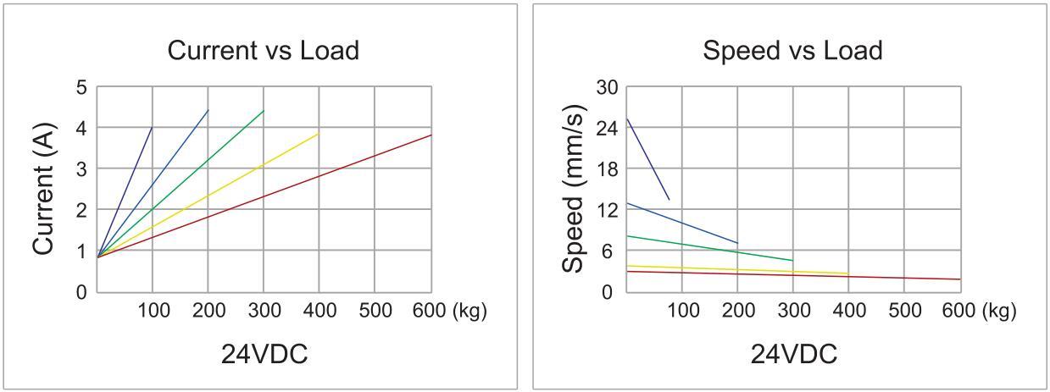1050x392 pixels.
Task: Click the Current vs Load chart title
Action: [263, 50]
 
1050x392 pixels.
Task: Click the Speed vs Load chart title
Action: [792, 50]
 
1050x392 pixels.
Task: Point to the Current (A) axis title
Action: [44, 188]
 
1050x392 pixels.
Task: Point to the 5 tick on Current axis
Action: [82, 87]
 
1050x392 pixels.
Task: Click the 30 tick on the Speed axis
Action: [608, 87]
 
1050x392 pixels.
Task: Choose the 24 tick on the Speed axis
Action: [608, 128]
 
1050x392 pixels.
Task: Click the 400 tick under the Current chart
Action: [319, 311]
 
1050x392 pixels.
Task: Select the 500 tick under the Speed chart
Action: [903, 311]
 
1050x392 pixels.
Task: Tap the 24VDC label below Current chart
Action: [264, 354]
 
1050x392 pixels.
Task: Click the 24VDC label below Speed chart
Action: [793, 354]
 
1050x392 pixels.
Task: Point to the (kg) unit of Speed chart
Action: [1000, 311]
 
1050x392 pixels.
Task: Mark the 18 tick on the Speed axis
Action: [608, 168]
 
